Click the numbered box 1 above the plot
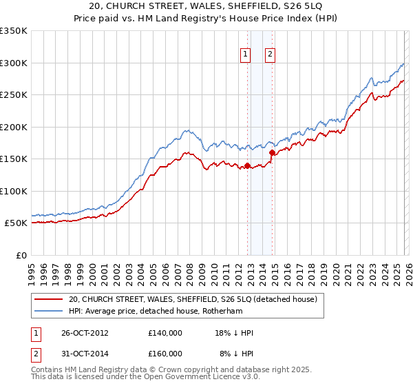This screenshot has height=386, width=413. [x=246, y=55]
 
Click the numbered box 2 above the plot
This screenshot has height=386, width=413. [x=270, y=55]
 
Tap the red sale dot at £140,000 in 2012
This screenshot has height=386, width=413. [x=247, y=165]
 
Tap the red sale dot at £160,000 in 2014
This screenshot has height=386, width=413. [x=273, y=152]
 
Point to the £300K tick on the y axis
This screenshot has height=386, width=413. [x=14, y=63]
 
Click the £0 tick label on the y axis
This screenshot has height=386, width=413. [x=21, y=255]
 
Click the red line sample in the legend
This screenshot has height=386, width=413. [x=50, y=300]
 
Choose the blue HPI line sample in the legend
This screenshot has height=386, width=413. [x=50, y=311]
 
